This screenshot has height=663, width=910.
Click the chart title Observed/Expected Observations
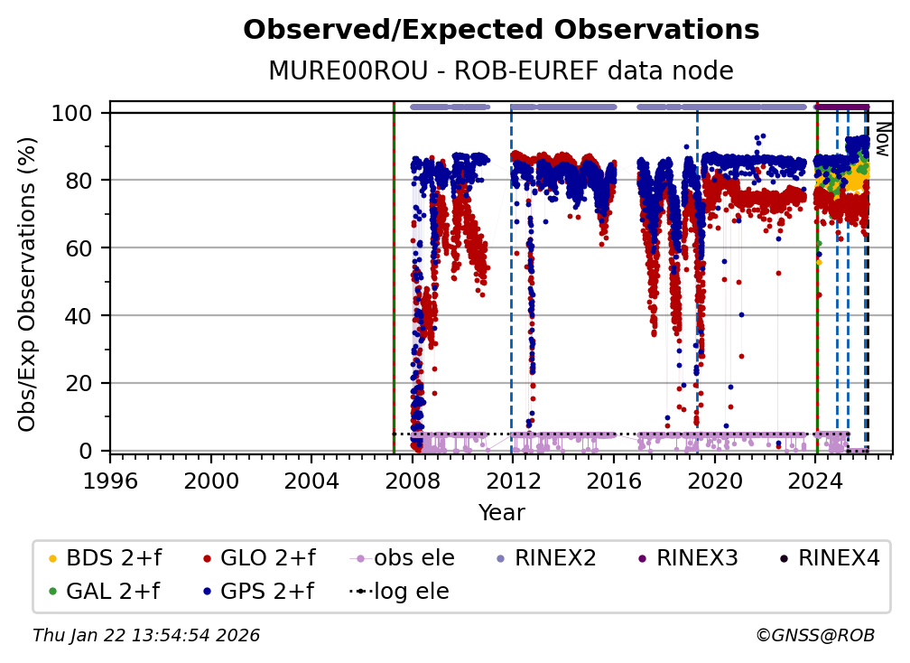pyautogui.click(x=501, y=30)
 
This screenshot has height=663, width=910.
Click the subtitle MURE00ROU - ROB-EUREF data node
pyautogui.click(x=501, y=71)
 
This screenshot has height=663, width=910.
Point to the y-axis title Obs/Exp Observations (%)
pyautogui.click(x=27, y=284)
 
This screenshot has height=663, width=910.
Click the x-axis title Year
pyautogui.click(x=501, y=513)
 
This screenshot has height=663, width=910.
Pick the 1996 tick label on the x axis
pyautogui.click(x=110, y=480)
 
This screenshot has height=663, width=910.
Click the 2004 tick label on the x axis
pyautogui.click(x=311, y=480)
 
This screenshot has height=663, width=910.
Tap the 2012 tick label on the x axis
pyautogui.click(x=513, y=480)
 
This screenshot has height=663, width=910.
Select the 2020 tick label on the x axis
pyautogui.click(x=714, y=480)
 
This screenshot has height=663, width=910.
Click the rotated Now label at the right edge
pyautogui.click(x=882, y=140)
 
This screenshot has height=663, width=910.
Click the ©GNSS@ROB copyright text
pyautogui.click(x=815, y=636)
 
